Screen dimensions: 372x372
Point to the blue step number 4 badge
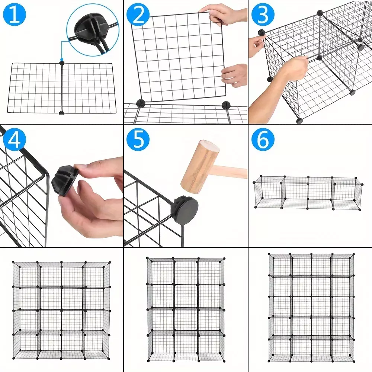click(14, 139)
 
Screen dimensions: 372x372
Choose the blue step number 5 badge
click(138, 139)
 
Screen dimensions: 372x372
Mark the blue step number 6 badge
click(263, 139)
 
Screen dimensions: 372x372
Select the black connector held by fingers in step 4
click(67, 181)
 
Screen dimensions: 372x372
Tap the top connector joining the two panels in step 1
click(62, 63)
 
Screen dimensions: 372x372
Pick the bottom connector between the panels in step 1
click(61, 113)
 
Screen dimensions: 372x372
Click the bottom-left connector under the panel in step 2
click(141, 103)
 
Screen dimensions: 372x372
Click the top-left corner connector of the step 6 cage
click(261, 176)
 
